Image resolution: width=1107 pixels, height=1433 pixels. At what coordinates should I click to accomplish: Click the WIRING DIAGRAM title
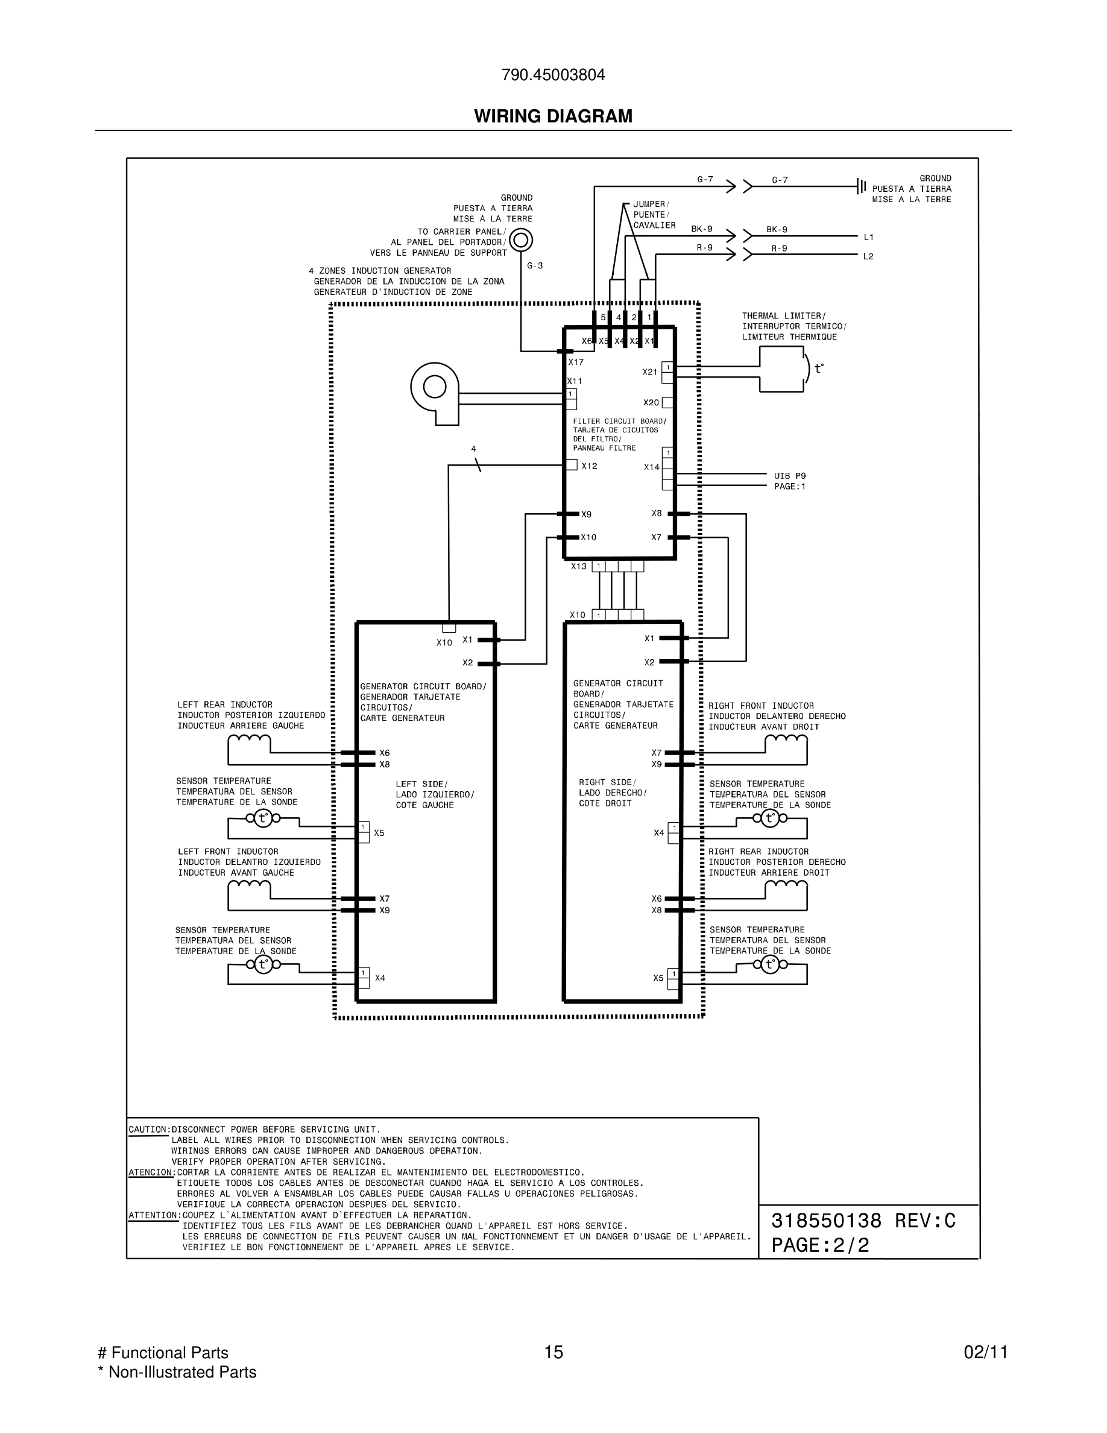553,116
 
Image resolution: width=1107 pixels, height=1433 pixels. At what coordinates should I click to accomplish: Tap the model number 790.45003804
553,75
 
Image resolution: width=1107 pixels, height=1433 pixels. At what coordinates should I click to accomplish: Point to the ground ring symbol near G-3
521,240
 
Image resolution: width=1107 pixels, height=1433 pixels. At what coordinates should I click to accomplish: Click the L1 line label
868,237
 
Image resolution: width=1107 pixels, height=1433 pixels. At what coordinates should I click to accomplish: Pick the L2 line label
868,256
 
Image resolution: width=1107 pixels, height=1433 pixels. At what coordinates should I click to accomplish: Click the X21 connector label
649,372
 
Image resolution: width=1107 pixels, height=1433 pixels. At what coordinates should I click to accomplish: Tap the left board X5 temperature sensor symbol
263,818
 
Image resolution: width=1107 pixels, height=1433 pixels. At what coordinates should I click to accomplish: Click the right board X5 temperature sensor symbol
770,964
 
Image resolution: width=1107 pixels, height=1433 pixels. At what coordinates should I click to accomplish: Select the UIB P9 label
790,476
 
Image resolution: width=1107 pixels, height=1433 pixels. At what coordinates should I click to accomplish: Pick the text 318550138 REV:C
863,1221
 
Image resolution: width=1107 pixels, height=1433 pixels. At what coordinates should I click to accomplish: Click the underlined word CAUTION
149,1130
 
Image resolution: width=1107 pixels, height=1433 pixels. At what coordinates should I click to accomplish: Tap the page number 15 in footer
553,1352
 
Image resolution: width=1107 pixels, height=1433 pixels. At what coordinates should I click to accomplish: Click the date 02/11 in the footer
985,1352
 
